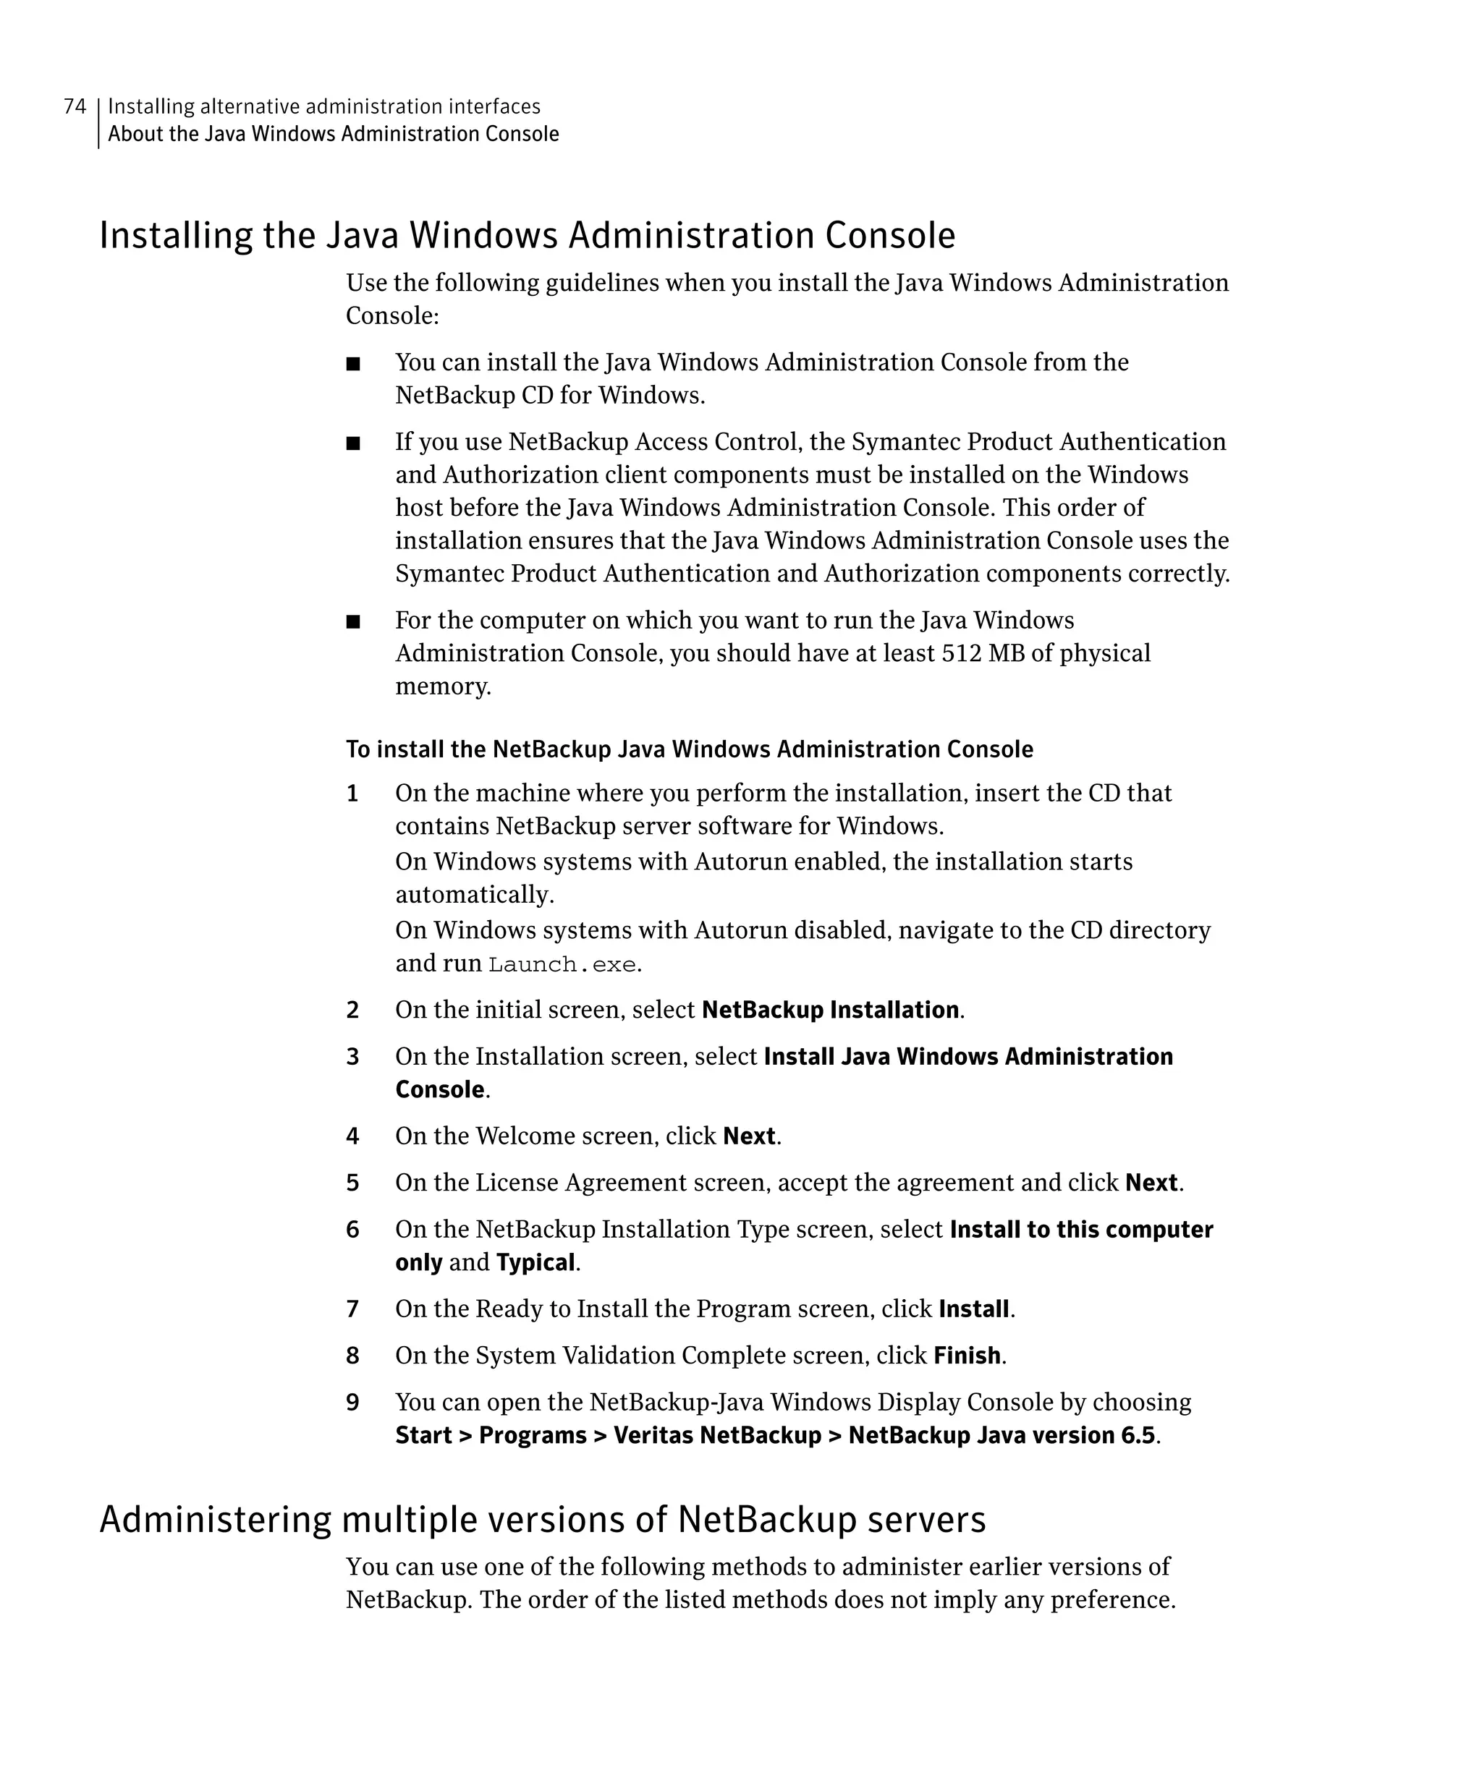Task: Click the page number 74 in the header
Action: (75, 106)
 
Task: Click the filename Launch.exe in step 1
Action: (562, 964)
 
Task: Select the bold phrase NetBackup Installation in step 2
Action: (830, 1010)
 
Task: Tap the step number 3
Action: (352, 1057)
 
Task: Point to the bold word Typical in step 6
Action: (535, 1262)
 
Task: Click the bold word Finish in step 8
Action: (966, 1356)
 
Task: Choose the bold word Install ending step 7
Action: (974, 1309)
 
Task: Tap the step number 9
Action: (352, 1403)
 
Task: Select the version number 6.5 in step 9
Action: (1138, 1436)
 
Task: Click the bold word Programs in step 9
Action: (533, 1436)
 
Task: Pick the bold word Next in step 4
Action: (749, 1136)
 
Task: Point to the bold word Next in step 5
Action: (1151, 1183)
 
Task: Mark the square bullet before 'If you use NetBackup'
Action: (353, 443)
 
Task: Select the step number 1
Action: (352, 794)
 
